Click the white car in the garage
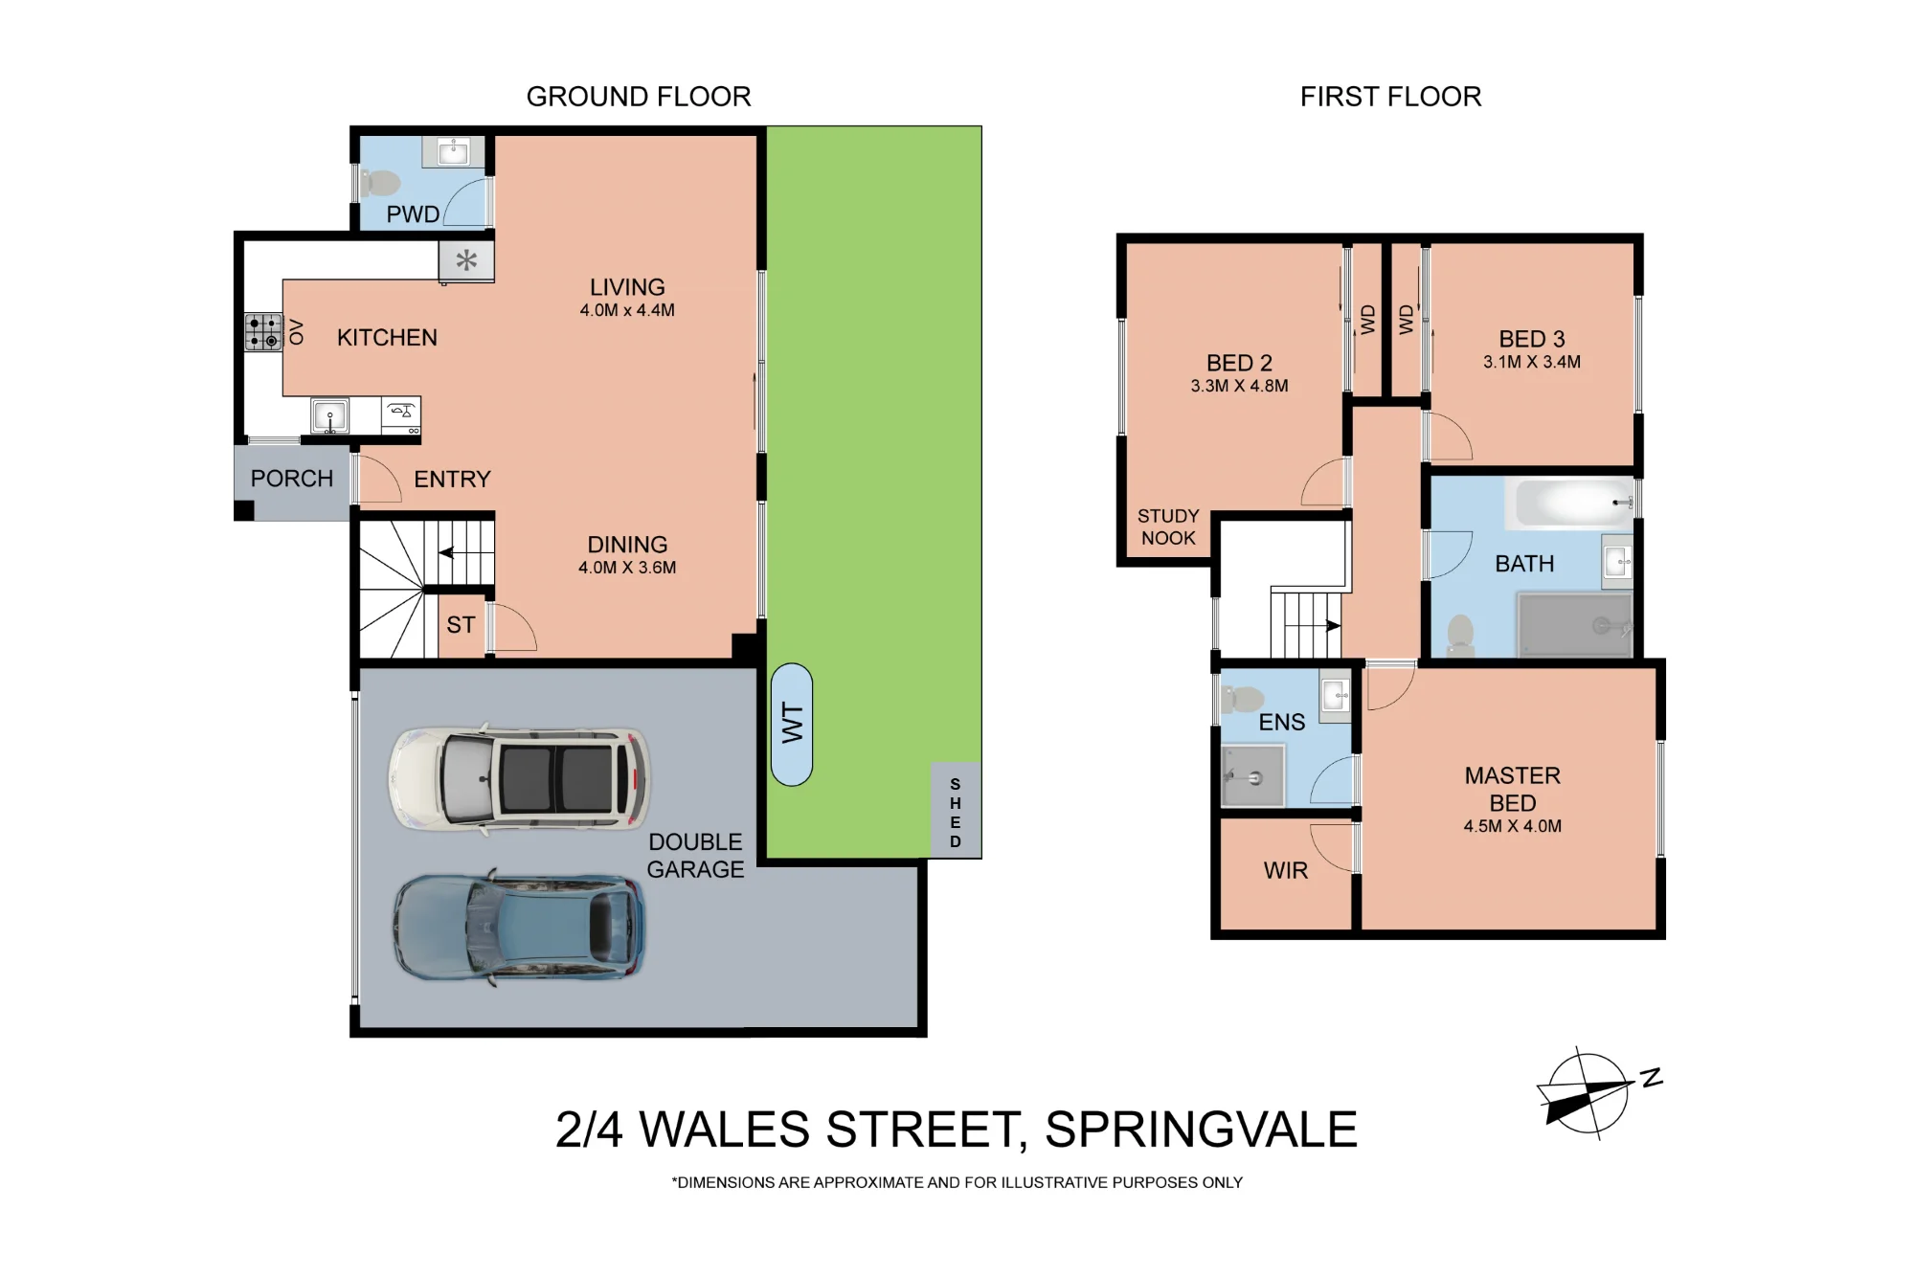tap(519, 778)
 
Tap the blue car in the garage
tap(518, 927)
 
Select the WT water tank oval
tap(792, 725)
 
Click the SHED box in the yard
tap(956, 811)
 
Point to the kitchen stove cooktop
tap(263, 331)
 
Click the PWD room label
tap(413, 213)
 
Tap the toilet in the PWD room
tap(380, 182)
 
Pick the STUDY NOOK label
tap(1168, 526)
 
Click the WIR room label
tap(1285, 870)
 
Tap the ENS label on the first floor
tap(1281, 722)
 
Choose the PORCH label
tap(292, 478)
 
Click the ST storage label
tap(461, 625)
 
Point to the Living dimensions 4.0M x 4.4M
tap(627, 310)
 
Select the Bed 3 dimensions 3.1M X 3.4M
tap(1532, 362)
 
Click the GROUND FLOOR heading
tap(639, 97)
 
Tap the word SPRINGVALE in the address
tap(1201, 1130)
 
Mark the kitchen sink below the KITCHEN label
tap(330, 416)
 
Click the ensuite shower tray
tap(1253, 775)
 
